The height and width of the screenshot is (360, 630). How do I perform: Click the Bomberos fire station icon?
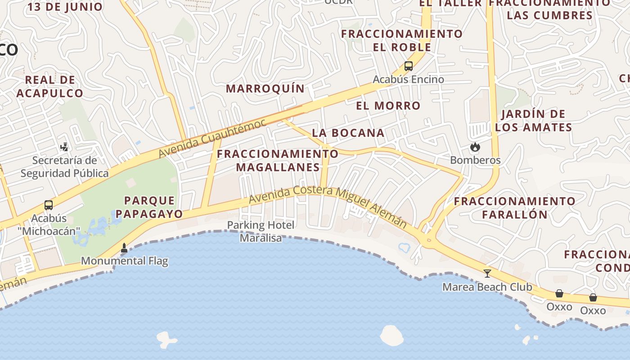tap(475, 147)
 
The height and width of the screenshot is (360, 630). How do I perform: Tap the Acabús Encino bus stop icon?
tap(409, 66)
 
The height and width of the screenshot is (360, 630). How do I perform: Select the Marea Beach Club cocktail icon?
tap(487, 273)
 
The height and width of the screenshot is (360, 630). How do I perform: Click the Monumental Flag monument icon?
tap(124, 247)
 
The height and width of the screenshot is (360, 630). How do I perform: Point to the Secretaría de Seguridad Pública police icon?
tap(64, 147)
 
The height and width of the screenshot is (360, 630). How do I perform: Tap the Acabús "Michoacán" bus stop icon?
tap(49, 205)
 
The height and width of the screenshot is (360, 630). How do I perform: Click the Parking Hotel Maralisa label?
tap(261, 231)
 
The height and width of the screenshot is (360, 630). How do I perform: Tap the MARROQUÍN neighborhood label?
tap(265, 89)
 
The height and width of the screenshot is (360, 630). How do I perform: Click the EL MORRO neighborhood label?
tap(388, 106)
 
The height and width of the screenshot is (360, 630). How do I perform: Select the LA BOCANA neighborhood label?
tap(348, 133)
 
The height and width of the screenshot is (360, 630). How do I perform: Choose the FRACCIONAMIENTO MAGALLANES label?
tap(278, 161)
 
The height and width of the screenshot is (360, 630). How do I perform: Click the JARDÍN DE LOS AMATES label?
tap(533, 121)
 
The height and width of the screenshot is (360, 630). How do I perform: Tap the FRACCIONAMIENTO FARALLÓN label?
tap(514, 207)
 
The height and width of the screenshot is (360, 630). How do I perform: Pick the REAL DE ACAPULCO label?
tap(50, 87)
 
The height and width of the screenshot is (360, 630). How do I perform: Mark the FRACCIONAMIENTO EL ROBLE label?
tap(401, 40)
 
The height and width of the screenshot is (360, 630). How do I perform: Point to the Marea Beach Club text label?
tap(487, 287)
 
